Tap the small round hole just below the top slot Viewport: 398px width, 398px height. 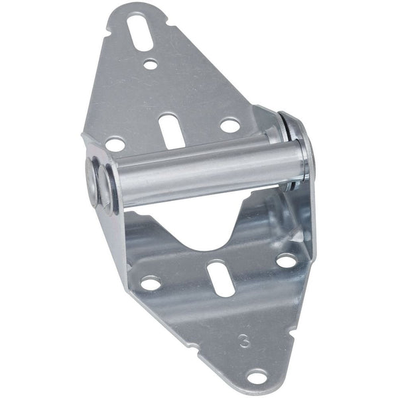pyautogui.click(x=151, y=64)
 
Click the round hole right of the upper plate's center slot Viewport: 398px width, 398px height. pyautogui.click(x=229, y=125)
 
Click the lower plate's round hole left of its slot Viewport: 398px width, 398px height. pyautogui.click(x=151, y=283)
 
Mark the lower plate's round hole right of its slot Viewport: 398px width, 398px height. pyautogui.click(x=286, y=261)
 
